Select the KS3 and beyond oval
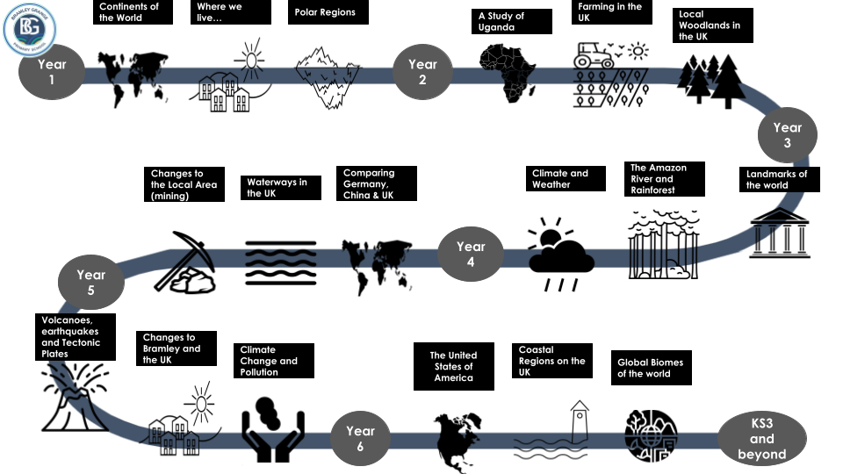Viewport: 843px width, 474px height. (761, 439)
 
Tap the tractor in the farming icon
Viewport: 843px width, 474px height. (595, 55)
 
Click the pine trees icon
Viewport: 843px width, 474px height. (713, 82)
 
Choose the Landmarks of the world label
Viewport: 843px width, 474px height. (776, 179)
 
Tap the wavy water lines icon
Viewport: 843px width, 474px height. (280, 261)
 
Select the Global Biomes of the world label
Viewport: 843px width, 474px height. (651, 368)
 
